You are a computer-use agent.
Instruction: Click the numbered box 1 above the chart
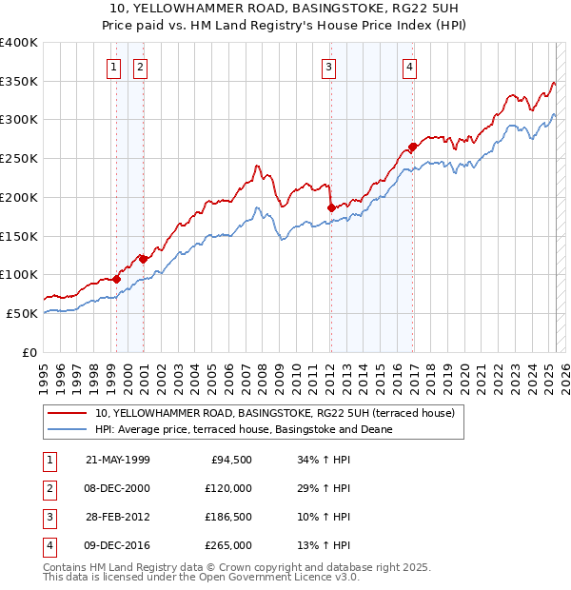pyautogui.click(x=114, y=67)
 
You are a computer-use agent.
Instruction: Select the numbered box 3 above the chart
pyautogui.click(x=328, y=67)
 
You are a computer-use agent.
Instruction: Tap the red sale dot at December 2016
pyautogui.click(x=412, y=147)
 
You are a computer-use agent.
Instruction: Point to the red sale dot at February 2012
pyautogui.click(x=331, y=207)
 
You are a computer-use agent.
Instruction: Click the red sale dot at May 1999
pyautogui.click(x=116, y=279)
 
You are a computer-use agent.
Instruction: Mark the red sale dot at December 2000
pyautogui.click(x=143, y=259)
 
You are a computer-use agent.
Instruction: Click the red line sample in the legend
pyautogui.click(x=67, y=413)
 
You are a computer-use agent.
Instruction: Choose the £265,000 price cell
pyautogui.click(x=228, y=545)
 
